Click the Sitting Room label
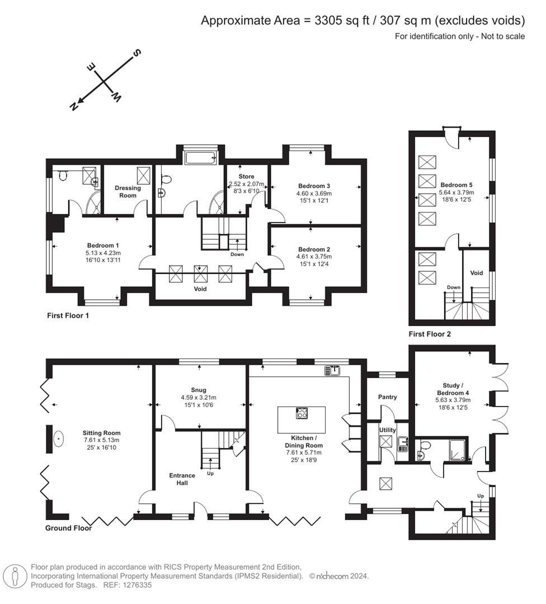tap(101, 432)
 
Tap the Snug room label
tap(198, 390)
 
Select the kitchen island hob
tap(301, 413)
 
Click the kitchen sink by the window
tap(332, 370)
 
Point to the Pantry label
tap(387, 397)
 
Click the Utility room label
tap(387, 430)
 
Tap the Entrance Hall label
tap(182, 479)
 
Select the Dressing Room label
tap(128, 192)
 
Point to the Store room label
tap(246, 177)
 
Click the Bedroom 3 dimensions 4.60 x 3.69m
tap(314, 194)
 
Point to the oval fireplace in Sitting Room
tap(59, 440)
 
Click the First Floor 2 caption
tap(430, 334)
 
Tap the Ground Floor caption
tap(69, 527)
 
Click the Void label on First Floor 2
tap(476, 273)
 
